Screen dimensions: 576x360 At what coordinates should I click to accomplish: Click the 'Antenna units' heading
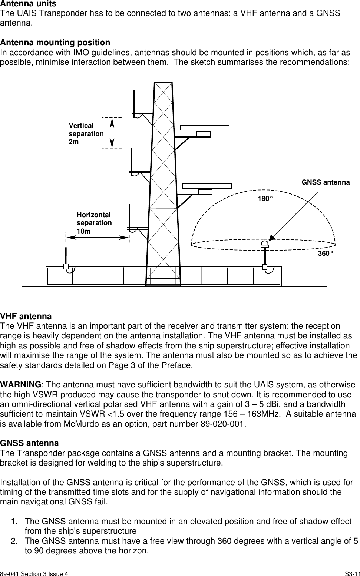(x=28, y=4)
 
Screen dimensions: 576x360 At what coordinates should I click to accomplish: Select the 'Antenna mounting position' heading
(x=55, y=42)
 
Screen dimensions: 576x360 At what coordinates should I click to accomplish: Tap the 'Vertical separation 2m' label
(x=86, y=133)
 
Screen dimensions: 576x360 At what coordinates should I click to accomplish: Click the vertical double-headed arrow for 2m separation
(x=112, y=133)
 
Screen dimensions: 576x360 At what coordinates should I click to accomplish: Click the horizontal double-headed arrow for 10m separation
(x=98, y=237)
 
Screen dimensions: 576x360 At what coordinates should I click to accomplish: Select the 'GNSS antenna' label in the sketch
(x=325, y=182)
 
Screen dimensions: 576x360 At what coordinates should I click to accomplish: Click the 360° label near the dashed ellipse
(x=325, y=254)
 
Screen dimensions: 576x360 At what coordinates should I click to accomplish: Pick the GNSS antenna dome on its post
(x=265, y=244)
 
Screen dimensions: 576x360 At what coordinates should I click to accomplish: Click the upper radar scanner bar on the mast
(x=205, y=128)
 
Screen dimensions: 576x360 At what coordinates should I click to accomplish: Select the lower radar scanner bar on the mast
(x=207, y=186)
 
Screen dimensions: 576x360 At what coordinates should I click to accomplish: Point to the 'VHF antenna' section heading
(x=26, y=317)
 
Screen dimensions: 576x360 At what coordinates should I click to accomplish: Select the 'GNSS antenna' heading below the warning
(x=29, y=443)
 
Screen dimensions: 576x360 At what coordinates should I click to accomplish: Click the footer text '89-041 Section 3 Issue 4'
(x=34, y=573)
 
